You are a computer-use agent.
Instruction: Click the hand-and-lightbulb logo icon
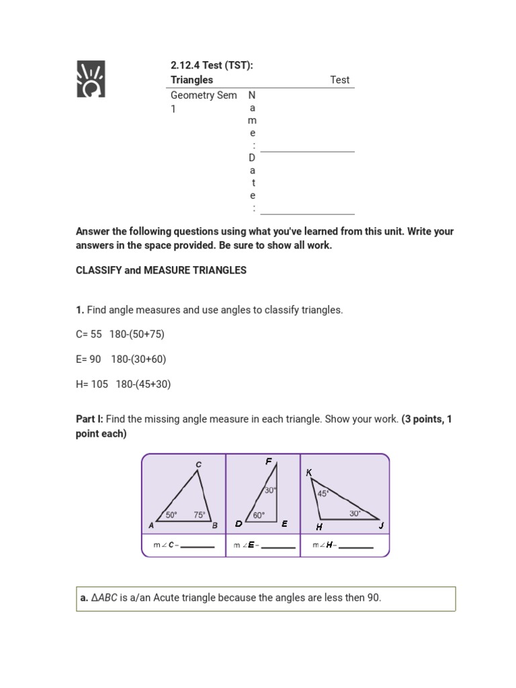(x=91, y=79)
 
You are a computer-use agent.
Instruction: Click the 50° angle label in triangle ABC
(x=171, y=515)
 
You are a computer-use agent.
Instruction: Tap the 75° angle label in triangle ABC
(x=200, y=515)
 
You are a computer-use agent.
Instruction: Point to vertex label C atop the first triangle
(x=198, y=464)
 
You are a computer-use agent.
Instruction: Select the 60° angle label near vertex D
(x=259, y=515)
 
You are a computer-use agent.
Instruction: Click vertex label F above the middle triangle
(x=269, y=462)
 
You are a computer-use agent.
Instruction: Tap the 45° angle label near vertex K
(x=323, y=493)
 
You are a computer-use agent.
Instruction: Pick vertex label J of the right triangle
(x=381, y=526)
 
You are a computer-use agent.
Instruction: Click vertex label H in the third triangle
(x=319, y=527)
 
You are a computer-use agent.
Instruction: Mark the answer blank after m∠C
(x=198, y=546)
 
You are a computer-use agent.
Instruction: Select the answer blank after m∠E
(x=278, y=546)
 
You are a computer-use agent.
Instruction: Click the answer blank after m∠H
(x=356, y=546)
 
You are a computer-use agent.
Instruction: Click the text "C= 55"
(x=89, y=334)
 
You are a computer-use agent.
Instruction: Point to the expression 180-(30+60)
(x=138, y=359)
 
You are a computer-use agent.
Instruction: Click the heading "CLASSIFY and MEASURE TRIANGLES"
(x=161, y=270)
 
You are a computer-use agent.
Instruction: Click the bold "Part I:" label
(x=89, y=419)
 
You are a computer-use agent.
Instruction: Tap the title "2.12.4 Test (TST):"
(x=212, y=65)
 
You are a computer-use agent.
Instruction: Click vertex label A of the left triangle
(x=151, y=526)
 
